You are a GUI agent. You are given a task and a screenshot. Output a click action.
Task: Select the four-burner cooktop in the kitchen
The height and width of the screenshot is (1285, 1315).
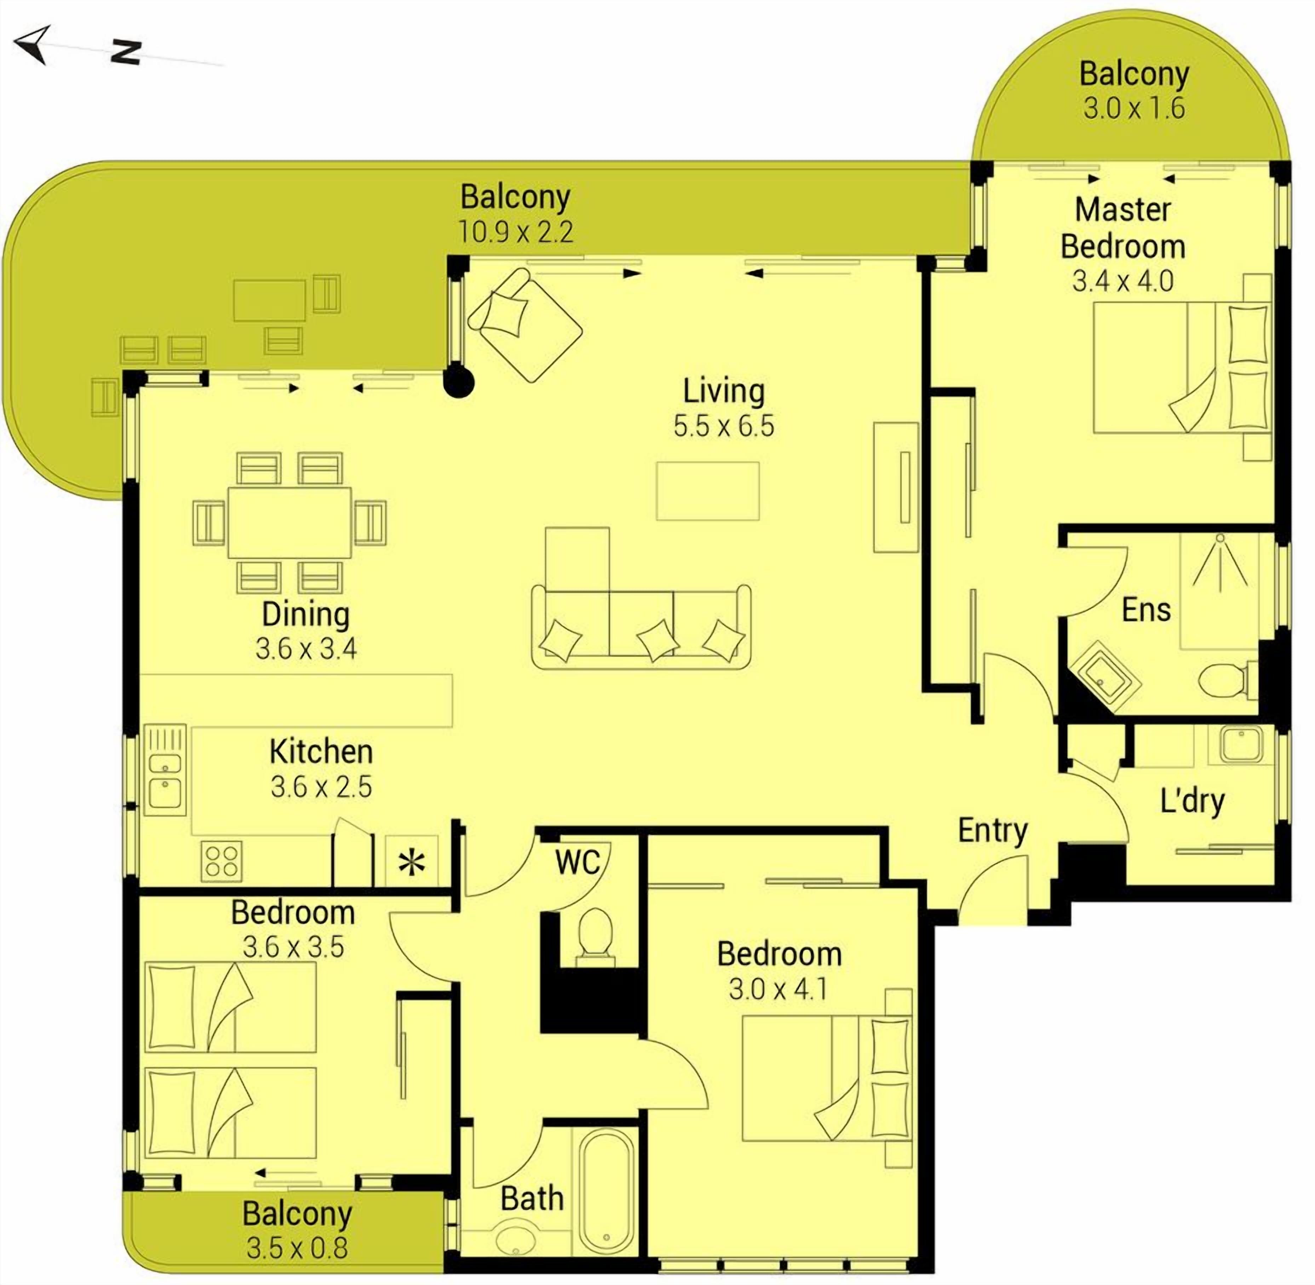(x=222, y=860)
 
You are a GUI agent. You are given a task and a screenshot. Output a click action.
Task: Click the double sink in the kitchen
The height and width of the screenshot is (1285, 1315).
(x=165, y=770)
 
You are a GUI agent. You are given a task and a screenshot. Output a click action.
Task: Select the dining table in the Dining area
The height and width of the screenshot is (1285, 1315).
(x=289, y=522)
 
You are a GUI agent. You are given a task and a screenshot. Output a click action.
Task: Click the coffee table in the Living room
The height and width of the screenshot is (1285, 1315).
(x=707, y=491)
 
